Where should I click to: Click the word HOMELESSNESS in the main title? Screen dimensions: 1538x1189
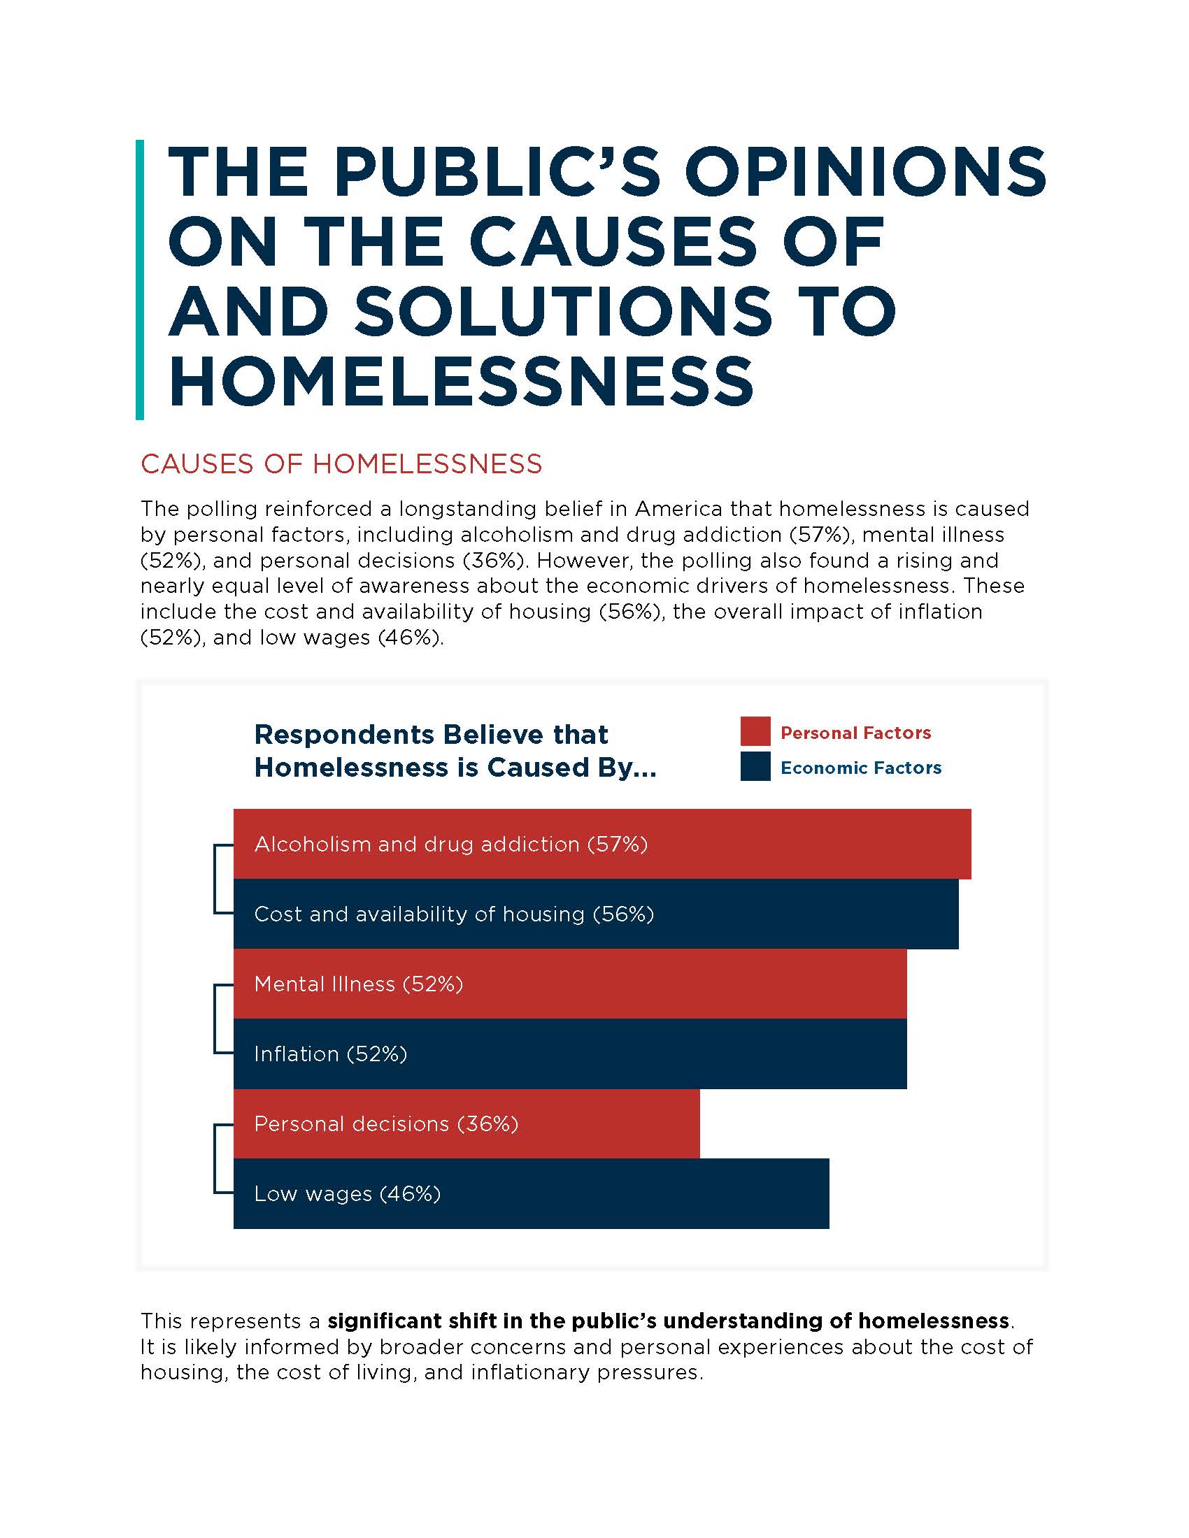click(x=462, y=380)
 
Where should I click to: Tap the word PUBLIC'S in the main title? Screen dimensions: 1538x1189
click(x=497, y=173)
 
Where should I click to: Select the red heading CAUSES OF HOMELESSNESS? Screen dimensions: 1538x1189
click(x=341, y=464)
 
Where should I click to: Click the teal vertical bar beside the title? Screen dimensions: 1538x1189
click(x=139, y=280)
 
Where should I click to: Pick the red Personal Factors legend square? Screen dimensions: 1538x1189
click(x=755, y=732)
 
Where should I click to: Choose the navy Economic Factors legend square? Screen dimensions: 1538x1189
click(x=755, y=767)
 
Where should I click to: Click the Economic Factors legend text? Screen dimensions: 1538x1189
click(x=860, y=768)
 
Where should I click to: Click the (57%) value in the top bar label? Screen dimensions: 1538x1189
click(x=618, y=844)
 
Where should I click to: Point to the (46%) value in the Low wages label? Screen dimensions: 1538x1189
click(x=410, y=1193)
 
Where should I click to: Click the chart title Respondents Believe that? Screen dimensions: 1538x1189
click(x=430, y=735)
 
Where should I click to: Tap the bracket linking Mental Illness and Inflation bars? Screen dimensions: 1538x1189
click(x=215, y=1019)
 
